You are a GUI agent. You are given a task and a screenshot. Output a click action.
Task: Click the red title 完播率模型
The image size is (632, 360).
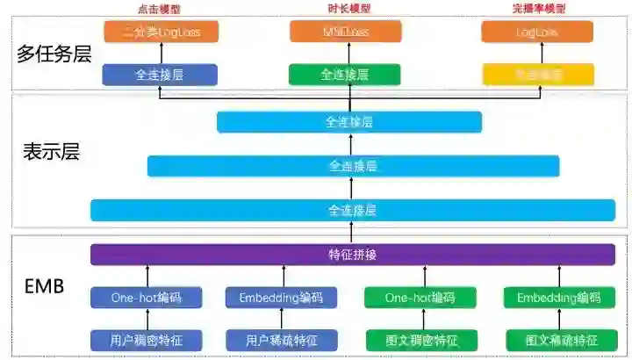pos(537,8)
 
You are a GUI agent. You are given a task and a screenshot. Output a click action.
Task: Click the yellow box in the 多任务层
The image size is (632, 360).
pos(537,75)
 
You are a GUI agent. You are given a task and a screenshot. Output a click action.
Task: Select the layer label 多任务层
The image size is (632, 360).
pos(54,54)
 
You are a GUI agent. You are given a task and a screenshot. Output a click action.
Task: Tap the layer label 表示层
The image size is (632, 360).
pos(51,151)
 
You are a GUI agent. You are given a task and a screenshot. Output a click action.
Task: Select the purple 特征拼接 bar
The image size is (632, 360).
pos(352,255)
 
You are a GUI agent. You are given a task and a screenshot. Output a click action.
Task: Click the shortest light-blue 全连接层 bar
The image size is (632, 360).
pos(349,122)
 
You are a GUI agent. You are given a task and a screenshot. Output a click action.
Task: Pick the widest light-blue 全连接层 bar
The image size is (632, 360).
pos(352,210)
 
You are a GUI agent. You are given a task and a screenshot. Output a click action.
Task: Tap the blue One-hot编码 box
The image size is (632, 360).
pos(147,298)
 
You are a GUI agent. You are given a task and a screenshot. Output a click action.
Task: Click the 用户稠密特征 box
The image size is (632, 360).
pos(147,339)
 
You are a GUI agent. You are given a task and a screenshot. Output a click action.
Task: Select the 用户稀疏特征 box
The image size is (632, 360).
pos(281,339)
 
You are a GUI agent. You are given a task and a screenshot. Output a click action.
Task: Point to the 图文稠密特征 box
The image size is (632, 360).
pos(420,339)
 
